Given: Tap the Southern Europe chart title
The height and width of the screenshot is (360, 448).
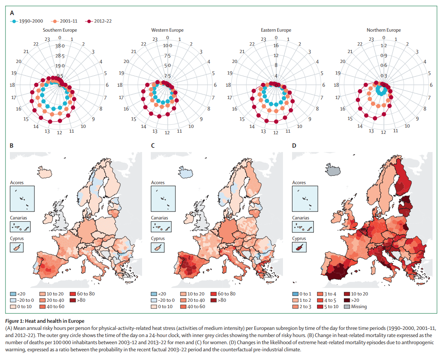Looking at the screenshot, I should point(60,30).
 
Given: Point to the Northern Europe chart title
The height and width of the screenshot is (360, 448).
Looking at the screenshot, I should point(383,30).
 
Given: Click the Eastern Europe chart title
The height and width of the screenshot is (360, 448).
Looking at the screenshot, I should point(276,30).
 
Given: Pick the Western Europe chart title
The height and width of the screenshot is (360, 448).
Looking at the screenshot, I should point(167,30).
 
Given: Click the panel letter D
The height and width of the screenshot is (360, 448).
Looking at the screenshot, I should point(294,146).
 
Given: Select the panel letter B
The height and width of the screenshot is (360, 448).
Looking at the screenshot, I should point(12,146).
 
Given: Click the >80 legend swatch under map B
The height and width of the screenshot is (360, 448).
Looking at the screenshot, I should point(73,300).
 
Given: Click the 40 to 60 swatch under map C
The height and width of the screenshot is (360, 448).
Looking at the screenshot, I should point(184,306).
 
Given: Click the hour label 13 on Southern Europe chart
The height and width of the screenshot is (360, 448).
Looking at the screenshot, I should point(47,131).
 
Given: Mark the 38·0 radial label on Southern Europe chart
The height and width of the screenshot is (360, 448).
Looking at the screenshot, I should point(60,46).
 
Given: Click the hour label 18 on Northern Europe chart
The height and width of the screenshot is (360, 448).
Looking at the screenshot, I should point(336,85).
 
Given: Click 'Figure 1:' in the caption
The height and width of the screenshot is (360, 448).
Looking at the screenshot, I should point(19,320).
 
